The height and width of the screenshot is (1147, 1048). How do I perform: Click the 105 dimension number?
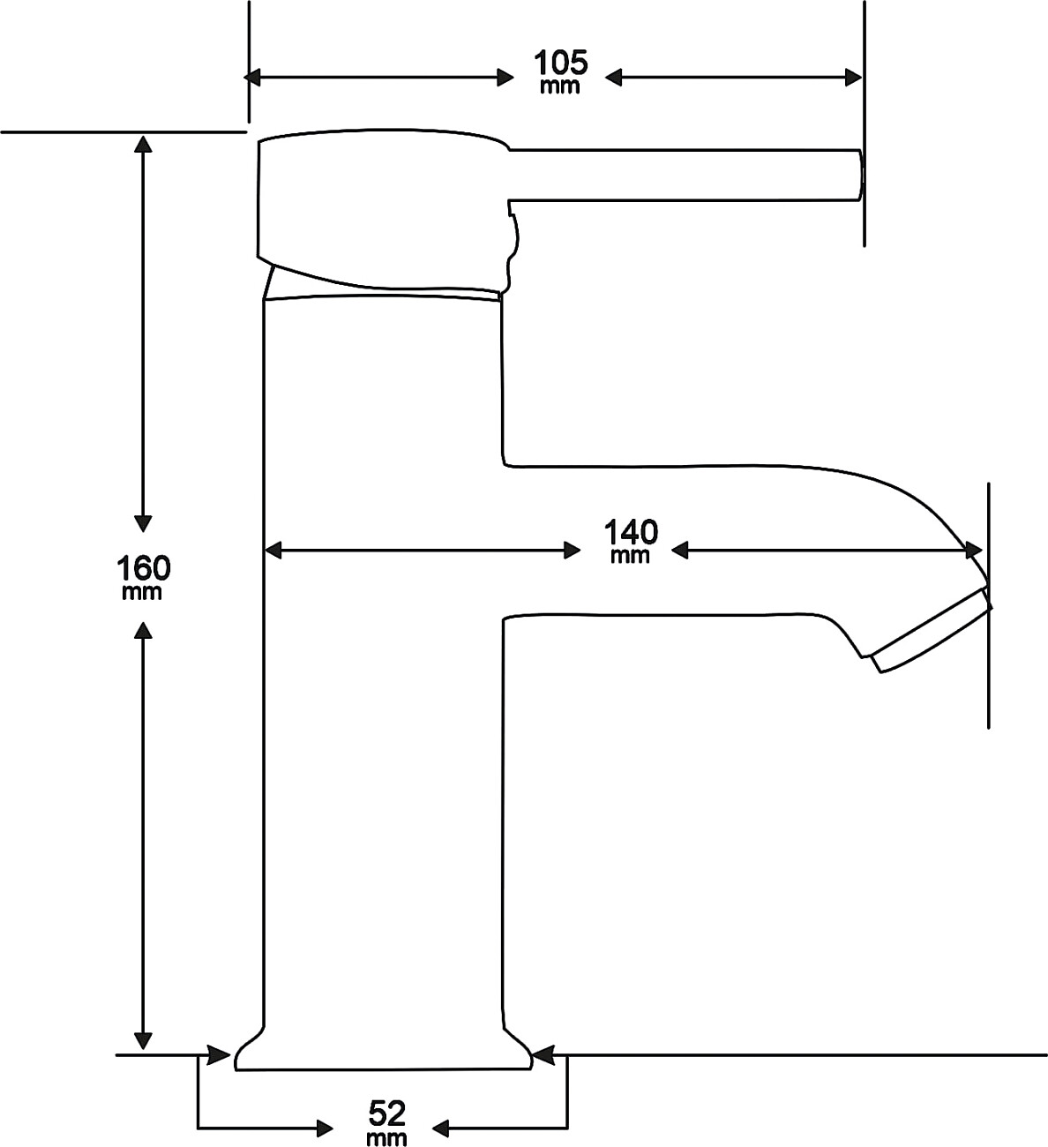[559, 64]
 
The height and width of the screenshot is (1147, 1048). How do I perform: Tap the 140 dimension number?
[631, 533]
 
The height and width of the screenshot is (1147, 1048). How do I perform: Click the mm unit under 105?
[559, 86]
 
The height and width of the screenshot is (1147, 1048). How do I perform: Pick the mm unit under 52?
[386, 1137]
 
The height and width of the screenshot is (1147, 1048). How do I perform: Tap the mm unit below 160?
[143, 592]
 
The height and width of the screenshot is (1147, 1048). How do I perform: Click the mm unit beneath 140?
[630, 555]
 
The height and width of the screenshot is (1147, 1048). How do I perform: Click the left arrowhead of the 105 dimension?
[253, 78]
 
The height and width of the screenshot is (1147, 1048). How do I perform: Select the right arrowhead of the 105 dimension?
[853, 78]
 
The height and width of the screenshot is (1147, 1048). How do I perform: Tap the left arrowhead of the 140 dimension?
[273, 551]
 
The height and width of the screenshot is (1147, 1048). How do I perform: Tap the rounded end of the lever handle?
[858, 174]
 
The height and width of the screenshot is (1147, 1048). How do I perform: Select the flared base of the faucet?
[384, 1054]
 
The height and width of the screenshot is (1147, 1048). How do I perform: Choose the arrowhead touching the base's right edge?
[543, 1054]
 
